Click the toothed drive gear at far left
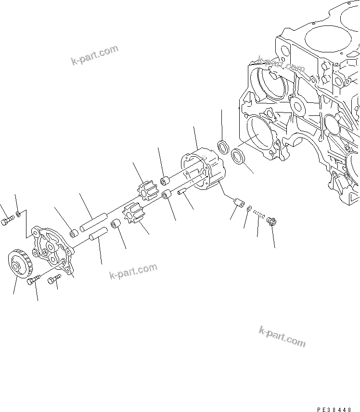pos(20,266)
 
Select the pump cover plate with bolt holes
pos(51,248)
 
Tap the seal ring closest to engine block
pos(238,156)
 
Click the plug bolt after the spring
pos(270,222)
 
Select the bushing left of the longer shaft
pos(74,234)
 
